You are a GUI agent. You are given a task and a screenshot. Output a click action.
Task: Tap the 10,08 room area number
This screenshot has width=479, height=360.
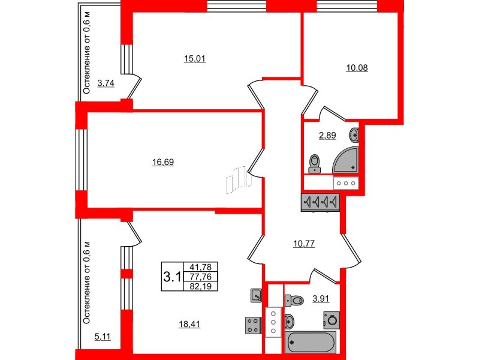357,68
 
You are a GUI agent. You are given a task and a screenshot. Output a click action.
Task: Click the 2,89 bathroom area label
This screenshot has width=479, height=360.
327,136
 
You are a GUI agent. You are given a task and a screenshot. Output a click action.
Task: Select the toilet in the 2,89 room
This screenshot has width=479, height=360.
315,162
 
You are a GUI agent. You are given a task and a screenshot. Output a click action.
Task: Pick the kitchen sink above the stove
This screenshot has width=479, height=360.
255,295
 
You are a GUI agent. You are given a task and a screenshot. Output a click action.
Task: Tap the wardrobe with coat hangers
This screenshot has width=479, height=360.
320,202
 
